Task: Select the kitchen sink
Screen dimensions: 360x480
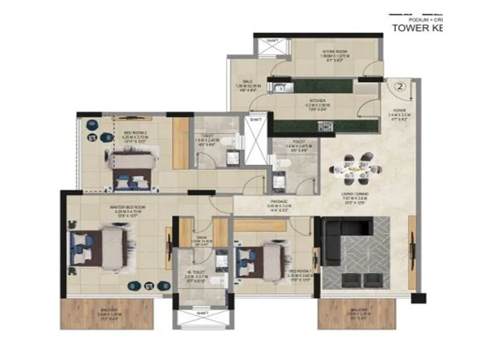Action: point(281,88)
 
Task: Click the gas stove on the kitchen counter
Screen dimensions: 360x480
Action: point(326,126)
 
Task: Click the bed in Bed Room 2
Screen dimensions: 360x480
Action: point(132,167)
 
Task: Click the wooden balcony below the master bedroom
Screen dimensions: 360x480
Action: point(107,313)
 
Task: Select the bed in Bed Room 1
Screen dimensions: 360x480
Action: point(262,262)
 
